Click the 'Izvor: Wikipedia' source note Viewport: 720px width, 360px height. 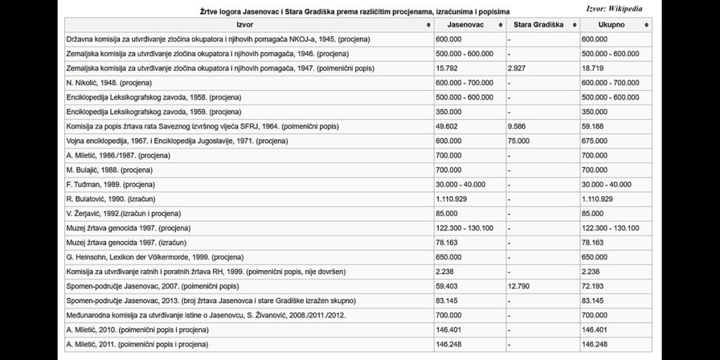point(613,8)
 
